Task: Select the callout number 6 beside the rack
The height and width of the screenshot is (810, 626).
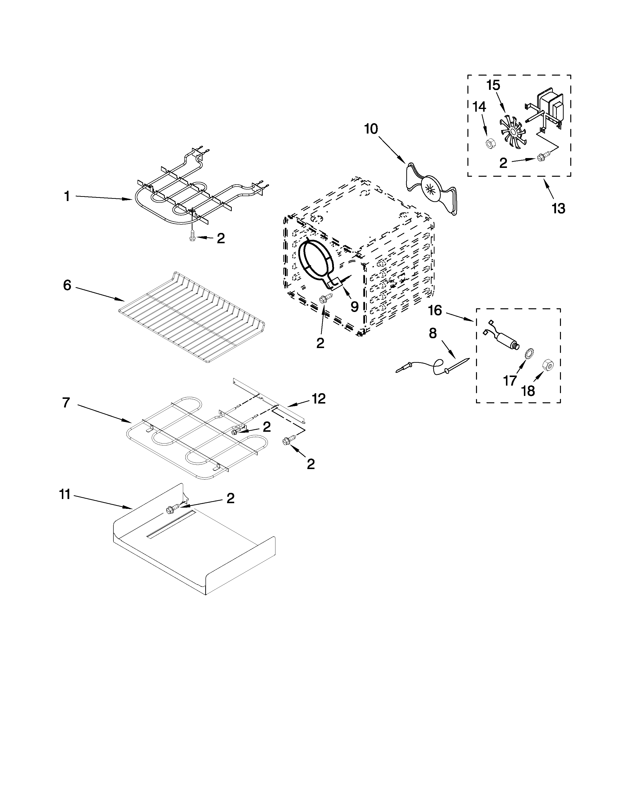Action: [67, 285]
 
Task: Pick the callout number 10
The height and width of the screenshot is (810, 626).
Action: [371, 129]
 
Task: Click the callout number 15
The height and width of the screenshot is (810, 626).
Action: [493, 85]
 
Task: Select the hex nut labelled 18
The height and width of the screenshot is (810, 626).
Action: [548, 365]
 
